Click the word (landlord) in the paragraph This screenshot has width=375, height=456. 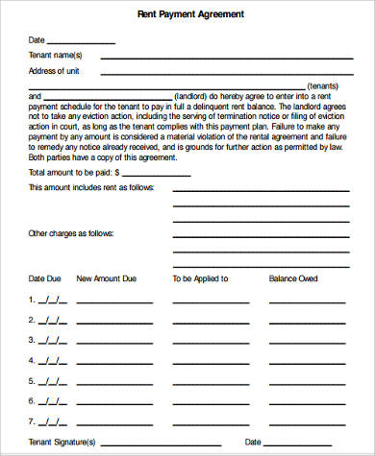tap(193, 97)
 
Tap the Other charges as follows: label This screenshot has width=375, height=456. tap(70, 233)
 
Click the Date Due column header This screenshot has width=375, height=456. tap(45, 278)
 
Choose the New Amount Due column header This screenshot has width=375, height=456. tap(106, 278)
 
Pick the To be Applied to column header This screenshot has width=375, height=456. tap(200, 278)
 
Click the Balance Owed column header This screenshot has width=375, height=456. tap(294, 278)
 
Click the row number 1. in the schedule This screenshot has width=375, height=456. tap(32, 299)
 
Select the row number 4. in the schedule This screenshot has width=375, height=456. tap(32, 361)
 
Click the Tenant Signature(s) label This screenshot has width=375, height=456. tap(62, 443)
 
